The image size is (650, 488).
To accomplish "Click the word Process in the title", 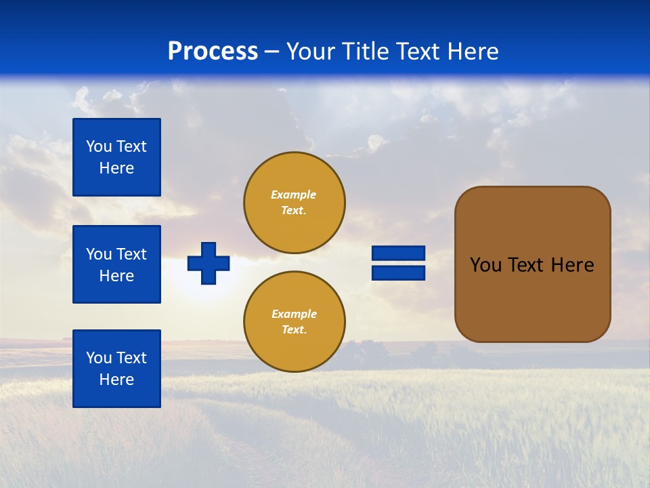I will click(213, 52).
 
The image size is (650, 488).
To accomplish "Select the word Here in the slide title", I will click(471, 52).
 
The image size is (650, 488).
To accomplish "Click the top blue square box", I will click(116, 157).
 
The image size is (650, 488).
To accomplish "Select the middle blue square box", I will click(116, 264).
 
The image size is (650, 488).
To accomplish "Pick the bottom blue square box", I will click(116, 369).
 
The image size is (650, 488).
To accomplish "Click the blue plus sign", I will click(209, 263).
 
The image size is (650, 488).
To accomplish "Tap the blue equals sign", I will click(398, 263).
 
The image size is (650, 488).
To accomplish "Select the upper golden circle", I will click(295, 203).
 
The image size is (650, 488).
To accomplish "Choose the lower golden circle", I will click(295, 322).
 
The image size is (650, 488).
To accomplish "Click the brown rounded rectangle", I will click(532, 264).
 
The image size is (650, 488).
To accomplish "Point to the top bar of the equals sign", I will click(398, 253).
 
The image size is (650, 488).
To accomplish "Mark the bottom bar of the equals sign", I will click(398, 272).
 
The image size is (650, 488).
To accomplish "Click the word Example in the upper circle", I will click(294, 195).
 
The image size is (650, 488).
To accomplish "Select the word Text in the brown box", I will click(527, 265).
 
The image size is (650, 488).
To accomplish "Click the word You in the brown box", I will click(485, 265).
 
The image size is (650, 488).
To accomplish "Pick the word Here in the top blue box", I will click(116, 168).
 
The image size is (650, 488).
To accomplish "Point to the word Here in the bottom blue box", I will click(116, 380).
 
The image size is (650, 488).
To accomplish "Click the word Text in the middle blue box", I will click(131, 254).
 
